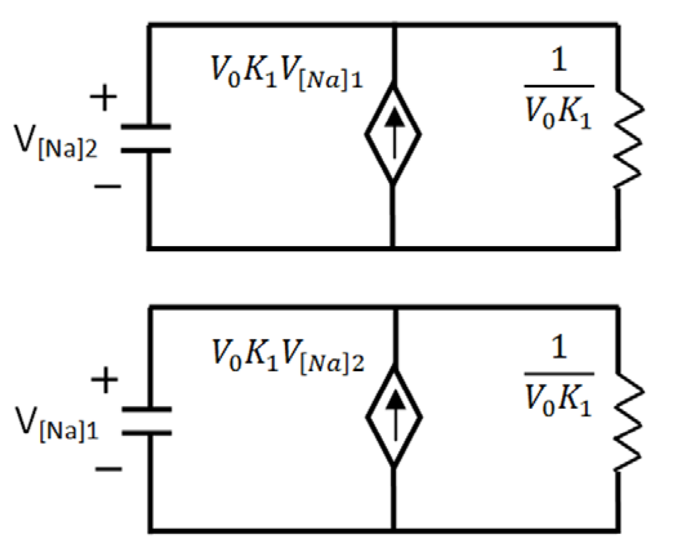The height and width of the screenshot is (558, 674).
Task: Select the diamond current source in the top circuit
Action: (x=393, y=134)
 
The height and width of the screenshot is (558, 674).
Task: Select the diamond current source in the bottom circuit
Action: (x=393, y=418)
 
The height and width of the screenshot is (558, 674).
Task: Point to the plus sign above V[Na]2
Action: (x=103, y=101)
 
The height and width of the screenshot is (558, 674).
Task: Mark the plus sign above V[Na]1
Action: (x=103, y=382)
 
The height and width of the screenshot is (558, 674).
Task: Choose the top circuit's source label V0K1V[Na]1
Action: (x=284, y=69)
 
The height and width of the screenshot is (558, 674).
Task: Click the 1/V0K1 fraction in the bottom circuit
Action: (x=559, y=377)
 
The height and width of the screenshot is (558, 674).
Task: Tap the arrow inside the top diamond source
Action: (x=393, y=134)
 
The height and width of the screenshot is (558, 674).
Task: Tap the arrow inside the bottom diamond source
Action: (x=393, y=418)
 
